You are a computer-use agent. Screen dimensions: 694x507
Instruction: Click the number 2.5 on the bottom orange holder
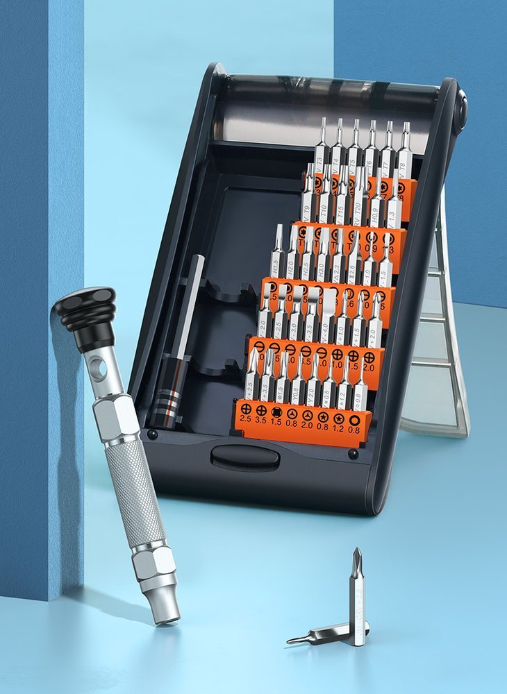246,419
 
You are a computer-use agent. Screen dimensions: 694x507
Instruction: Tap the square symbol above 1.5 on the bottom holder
276,411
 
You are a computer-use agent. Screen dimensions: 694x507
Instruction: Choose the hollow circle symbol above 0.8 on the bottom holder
354,420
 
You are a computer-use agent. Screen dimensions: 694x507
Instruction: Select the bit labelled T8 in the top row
404,154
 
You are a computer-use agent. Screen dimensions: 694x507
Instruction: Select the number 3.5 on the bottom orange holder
261,420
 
